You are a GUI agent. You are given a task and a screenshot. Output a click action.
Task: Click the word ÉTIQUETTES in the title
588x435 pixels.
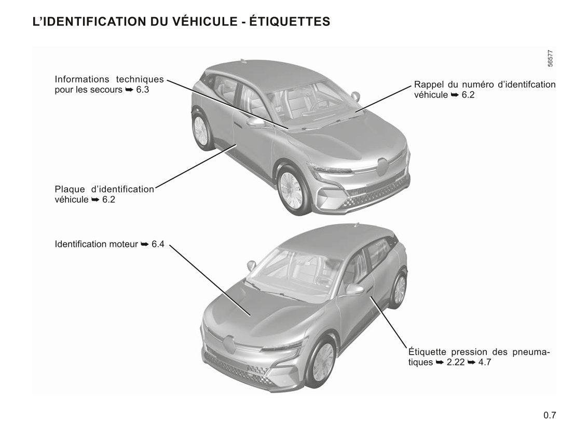point(290,22)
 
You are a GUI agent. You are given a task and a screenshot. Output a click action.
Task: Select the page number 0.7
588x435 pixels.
point(550,415)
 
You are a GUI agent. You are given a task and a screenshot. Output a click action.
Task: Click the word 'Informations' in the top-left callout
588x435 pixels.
point(82,79)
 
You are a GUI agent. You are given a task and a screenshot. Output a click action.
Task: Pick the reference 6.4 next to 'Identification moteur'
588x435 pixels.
point(158,244)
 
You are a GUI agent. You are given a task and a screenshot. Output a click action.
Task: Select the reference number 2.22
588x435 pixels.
point(455,362)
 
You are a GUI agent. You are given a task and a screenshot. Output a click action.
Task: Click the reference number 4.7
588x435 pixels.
point(484,362)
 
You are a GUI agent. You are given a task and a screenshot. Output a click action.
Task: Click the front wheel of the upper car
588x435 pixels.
point(292,190)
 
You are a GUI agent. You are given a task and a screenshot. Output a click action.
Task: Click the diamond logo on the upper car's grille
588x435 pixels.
point(382,167)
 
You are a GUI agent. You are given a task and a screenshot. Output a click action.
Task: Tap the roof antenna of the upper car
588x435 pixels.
point(243,61)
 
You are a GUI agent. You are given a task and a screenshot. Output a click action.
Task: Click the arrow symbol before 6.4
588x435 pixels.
point(145,244)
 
